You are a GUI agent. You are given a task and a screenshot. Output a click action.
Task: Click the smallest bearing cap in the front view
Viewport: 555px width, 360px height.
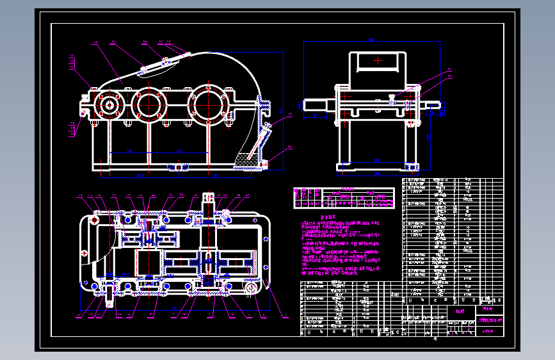[x=108, y=104]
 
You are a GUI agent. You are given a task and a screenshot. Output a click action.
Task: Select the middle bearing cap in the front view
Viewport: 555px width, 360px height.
[x=149, y=104]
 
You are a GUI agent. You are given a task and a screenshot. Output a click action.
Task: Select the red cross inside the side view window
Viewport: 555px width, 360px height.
[x=379, y=61]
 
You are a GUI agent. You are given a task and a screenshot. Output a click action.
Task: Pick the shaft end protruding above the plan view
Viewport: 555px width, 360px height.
[x=209, y=200]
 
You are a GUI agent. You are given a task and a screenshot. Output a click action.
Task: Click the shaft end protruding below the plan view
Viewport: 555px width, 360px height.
[x=113, y=295]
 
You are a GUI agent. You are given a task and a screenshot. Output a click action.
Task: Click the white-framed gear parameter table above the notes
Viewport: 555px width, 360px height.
[x=343, y=198]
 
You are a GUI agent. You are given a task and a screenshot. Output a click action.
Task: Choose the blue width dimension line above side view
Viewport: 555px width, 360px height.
[x=371, y=41]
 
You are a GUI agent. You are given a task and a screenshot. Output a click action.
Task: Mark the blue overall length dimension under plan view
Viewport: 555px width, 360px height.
[x=173, y=310]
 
